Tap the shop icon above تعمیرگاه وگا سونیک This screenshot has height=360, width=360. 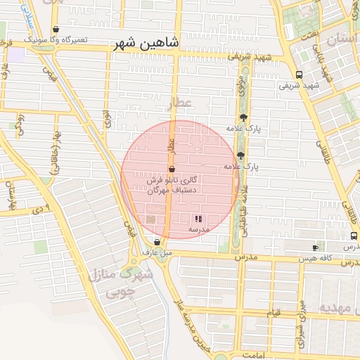click(56, 30)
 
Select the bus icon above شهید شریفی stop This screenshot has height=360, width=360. click(300, 74)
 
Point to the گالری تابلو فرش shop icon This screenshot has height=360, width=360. click(172, 169)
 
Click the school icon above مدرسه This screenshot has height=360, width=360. click(198, 219)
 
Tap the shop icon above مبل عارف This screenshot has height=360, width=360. click(157, 241)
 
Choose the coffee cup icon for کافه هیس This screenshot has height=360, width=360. click(315, 247)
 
